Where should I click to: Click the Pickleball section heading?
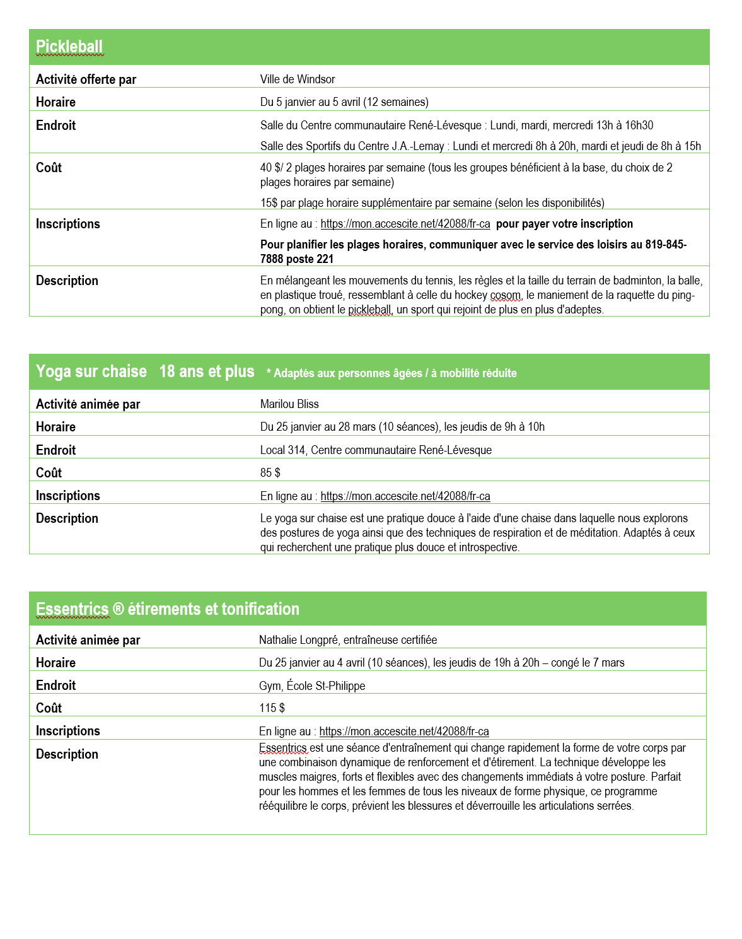pyautogui.click(x=69, y=47)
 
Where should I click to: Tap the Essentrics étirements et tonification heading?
pyautogui.click(x=168, y=609)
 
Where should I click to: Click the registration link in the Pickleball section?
pyautogui.click(x=405, y=224)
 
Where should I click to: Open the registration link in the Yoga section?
pyautogui.click(x=405, y=496)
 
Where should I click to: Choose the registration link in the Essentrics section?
pyautogui.click(x=404, y=732)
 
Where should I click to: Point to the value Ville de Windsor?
pyautogui.click(x=298, y=79)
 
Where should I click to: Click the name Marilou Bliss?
pyautogui.click(x=289, y=404)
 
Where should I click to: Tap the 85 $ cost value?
pyautogui.click(x=270, y=473)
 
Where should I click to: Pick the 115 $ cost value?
pyautogui.click(x=272, y=708)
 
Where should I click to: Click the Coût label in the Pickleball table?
pyautogui.click(x=49, y=168)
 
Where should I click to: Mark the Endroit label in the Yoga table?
pyautogui.click(x=55, y=450)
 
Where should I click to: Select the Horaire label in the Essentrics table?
pyautogui.click(x=55, y=663)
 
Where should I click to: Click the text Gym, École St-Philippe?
pyautogui.click(x=312, y=686)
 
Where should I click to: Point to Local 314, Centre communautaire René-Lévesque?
pyautogui.click(x=376, y=450)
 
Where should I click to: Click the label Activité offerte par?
pyautogui.click(x=86, y=79)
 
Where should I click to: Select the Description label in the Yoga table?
pyautogui.click(x=67, y=518)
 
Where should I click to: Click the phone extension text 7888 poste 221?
pyautogui.click(x=297, y=259)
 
